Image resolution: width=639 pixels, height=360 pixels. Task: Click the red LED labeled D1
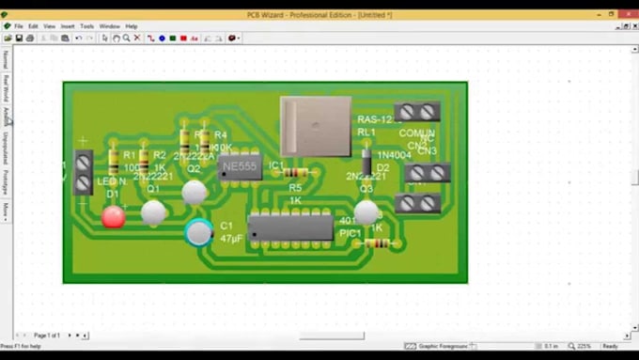[113, 217]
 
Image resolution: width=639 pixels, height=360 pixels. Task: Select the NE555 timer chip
[239, 166]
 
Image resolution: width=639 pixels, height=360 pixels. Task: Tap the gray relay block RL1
[315, 125]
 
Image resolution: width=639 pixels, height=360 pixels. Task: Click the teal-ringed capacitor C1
[198, 231]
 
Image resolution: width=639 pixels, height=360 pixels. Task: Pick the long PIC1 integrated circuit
[289, 227]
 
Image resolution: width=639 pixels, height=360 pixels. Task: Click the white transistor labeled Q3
[366, 212]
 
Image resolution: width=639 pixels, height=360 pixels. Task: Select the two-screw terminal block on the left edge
[83, 172]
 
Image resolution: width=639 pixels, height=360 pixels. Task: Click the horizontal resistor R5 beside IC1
[297, 174]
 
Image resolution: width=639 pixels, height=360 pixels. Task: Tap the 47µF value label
[231, 240]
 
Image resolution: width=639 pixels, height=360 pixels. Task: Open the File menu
[19, 26]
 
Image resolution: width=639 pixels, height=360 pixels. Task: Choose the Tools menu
[87, 26]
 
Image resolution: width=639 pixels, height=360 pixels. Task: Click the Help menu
[132, 26]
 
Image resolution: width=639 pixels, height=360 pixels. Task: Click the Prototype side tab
[5, 181]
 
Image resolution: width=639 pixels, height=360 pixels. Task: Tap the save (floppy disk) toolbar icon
[20, 39]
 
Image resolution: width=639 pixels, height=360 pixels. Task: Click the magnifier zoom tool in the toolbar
[127, 39]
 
